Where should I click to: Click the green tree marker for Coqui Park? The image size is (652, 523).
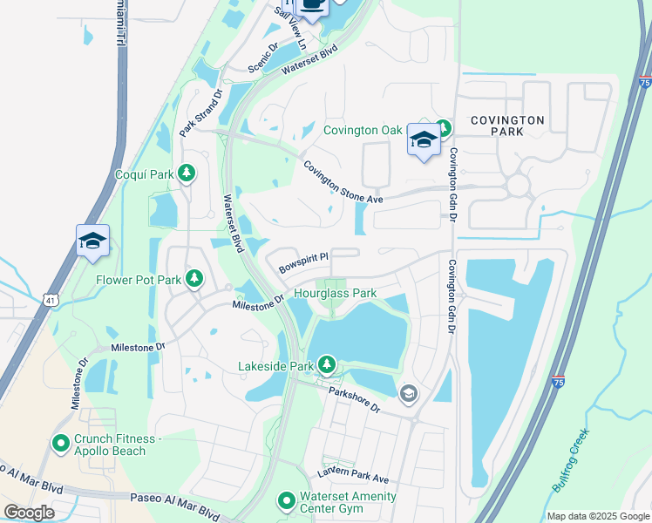[x=186, y=173]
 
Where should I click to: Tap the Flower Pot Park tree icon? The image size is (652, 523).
[x=194, y=280]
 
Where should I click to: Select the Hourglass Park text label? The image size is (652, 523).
[x=335, y=294]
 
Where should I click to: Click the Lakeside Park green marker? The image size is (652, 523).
[x=327, y=363]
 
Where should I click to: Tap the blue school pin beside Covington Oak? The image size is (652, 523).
[x=423, y=140]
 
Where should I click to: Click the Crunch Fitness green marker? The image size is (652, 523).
[x=61, y=445]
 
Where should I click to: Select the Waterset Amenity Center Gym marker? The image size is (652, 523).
[x=286, y=501]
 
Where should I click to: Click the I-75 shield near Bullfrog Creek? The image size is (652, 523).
[x=558, y=381]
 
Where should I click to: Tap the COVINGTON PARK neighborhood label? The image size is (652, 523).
[x=508, y=126]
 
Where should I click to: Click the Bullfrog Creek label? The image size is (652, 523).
[x=567, y=459]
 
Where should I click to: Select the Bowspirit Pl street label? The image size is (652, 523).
[x=302, y=262]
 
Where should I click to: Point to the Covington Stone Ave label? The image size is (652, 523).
[x=343, y=181]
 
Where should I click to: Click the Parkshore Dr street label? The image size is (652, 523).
[x=355, y=400]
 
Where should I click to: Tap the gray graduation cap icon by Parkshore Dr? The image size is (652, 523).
[x=407, y=395]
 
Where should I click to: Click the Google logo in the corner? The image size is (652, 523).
[x=29, y=513]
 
